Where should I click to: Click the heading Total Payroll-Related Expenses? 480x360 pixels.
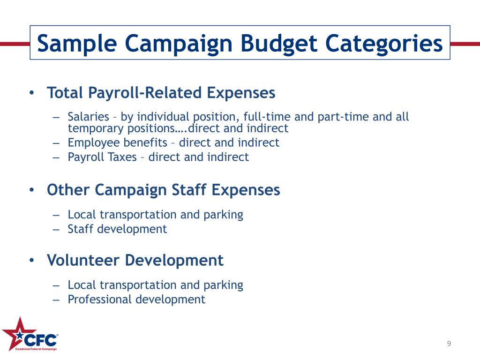pos(161,93)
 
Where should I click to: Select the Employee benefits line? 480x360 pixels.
pos(173,142)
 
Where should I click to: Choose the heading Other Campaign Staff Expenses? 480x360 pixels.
pos(163,190)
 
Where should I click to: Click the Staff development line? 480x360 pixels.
pos(117,229)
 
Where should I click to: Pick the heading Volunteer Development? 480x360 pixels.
pos(135,260)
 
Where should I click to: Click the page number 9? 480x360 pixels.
pos(449,344)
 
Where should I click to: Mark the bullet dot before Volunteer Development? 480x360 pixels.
pos(31,260)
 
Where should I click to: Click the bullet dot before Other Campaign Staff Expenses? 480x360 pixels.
pos(31,190)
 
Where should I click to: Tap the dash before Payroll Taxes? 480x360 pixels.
pos(57,157)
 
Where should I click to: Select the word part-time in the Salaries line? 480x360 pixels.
pos(344,117)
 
